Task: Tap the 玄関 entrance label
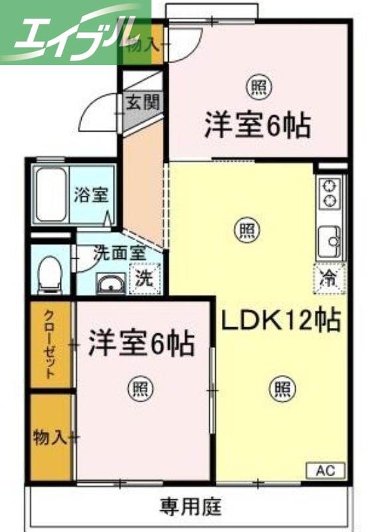pos(142,102)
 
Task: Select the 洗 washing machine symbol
pos(144,280)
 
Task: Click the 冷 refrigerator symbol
pos(330,275)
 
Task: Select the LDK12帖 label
pos(281,321)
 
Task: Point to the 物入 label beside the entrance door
pos(141,45)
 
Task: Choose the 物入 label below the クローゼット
pos(50,437)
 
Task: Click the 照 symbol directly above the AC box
pos(282,388)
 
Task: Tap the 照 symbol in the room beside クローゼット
pos(139,388)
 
